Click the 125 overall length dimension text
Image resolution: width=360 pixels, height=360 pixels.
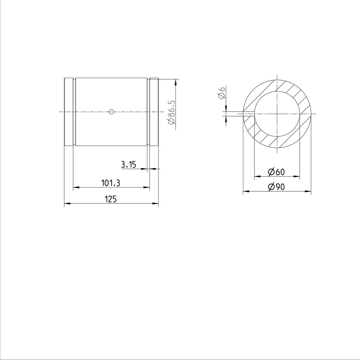tap(110, 199)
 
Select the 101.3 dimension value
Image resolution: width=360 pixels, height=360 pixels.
tap(110, 183)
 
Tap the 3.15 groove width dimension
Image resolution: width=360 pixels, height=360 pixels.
tap(128, 164)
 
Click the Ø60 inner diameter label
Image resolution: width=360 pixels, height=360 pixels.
tap(276, 172)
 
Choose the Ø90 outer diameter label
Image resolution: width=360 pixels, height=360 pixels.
tap(276, 187)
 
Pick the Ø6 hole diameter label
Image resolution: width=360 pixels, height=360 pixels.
tap(222, 93)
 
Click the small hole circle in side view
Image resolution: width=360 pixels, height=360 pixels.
tap(111, 112)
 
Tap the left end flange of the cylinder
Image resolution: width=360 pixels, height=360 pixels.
tap(69, 112)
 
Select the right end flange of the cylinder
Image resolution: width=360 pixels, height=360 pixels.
tap(154, 112)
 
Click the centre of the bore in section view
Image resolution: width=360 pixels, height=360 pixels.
tap(277, 114)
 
